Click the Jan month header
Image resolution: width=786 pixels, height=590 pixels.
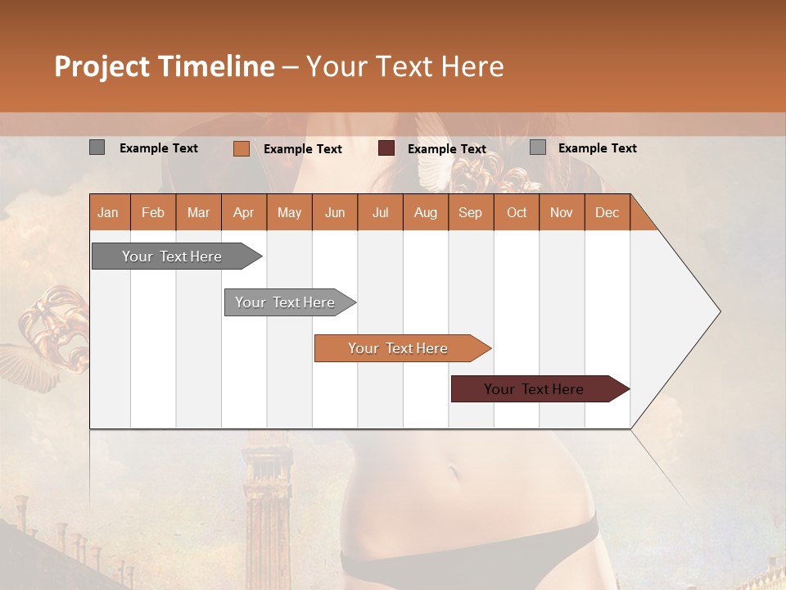click(x=109, y=212)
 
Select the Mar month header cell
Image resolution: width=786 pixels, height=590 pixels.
click(x=198, y=212)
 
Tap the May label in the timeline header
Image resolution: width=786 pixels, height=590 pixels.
click(x=289, y=212)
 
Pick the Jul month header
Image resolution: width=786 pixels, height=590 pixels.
click(x=380, y=212)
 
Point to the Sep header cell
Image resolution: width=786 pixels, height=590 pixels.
click(x=470, y=212)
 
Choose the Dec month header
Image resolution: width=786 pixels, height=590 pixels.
click(x=607, y=212)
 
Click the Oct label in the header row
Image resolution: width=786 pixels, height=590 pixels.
click(x=516, y=212)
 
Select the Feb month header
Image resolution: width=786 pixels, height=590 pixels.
click(x=153, y=212)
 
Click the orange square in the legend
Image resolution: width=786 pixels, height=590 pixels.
click(x=241, y=148)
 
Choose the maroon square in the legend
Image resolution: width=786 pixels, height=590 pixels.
click(x=386, y=148)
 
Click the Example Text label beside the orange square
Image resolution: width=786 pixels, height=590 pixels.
click(x=302, y=149)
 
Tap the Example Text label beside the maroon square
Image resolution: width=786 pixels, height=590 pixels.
click(x=446, y=149)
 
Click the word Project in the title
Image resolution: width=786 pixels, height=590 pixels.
click(x=102, y=66)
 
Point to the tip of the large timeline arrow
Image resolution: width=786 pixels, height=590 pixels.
click(x=718, y=311)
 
